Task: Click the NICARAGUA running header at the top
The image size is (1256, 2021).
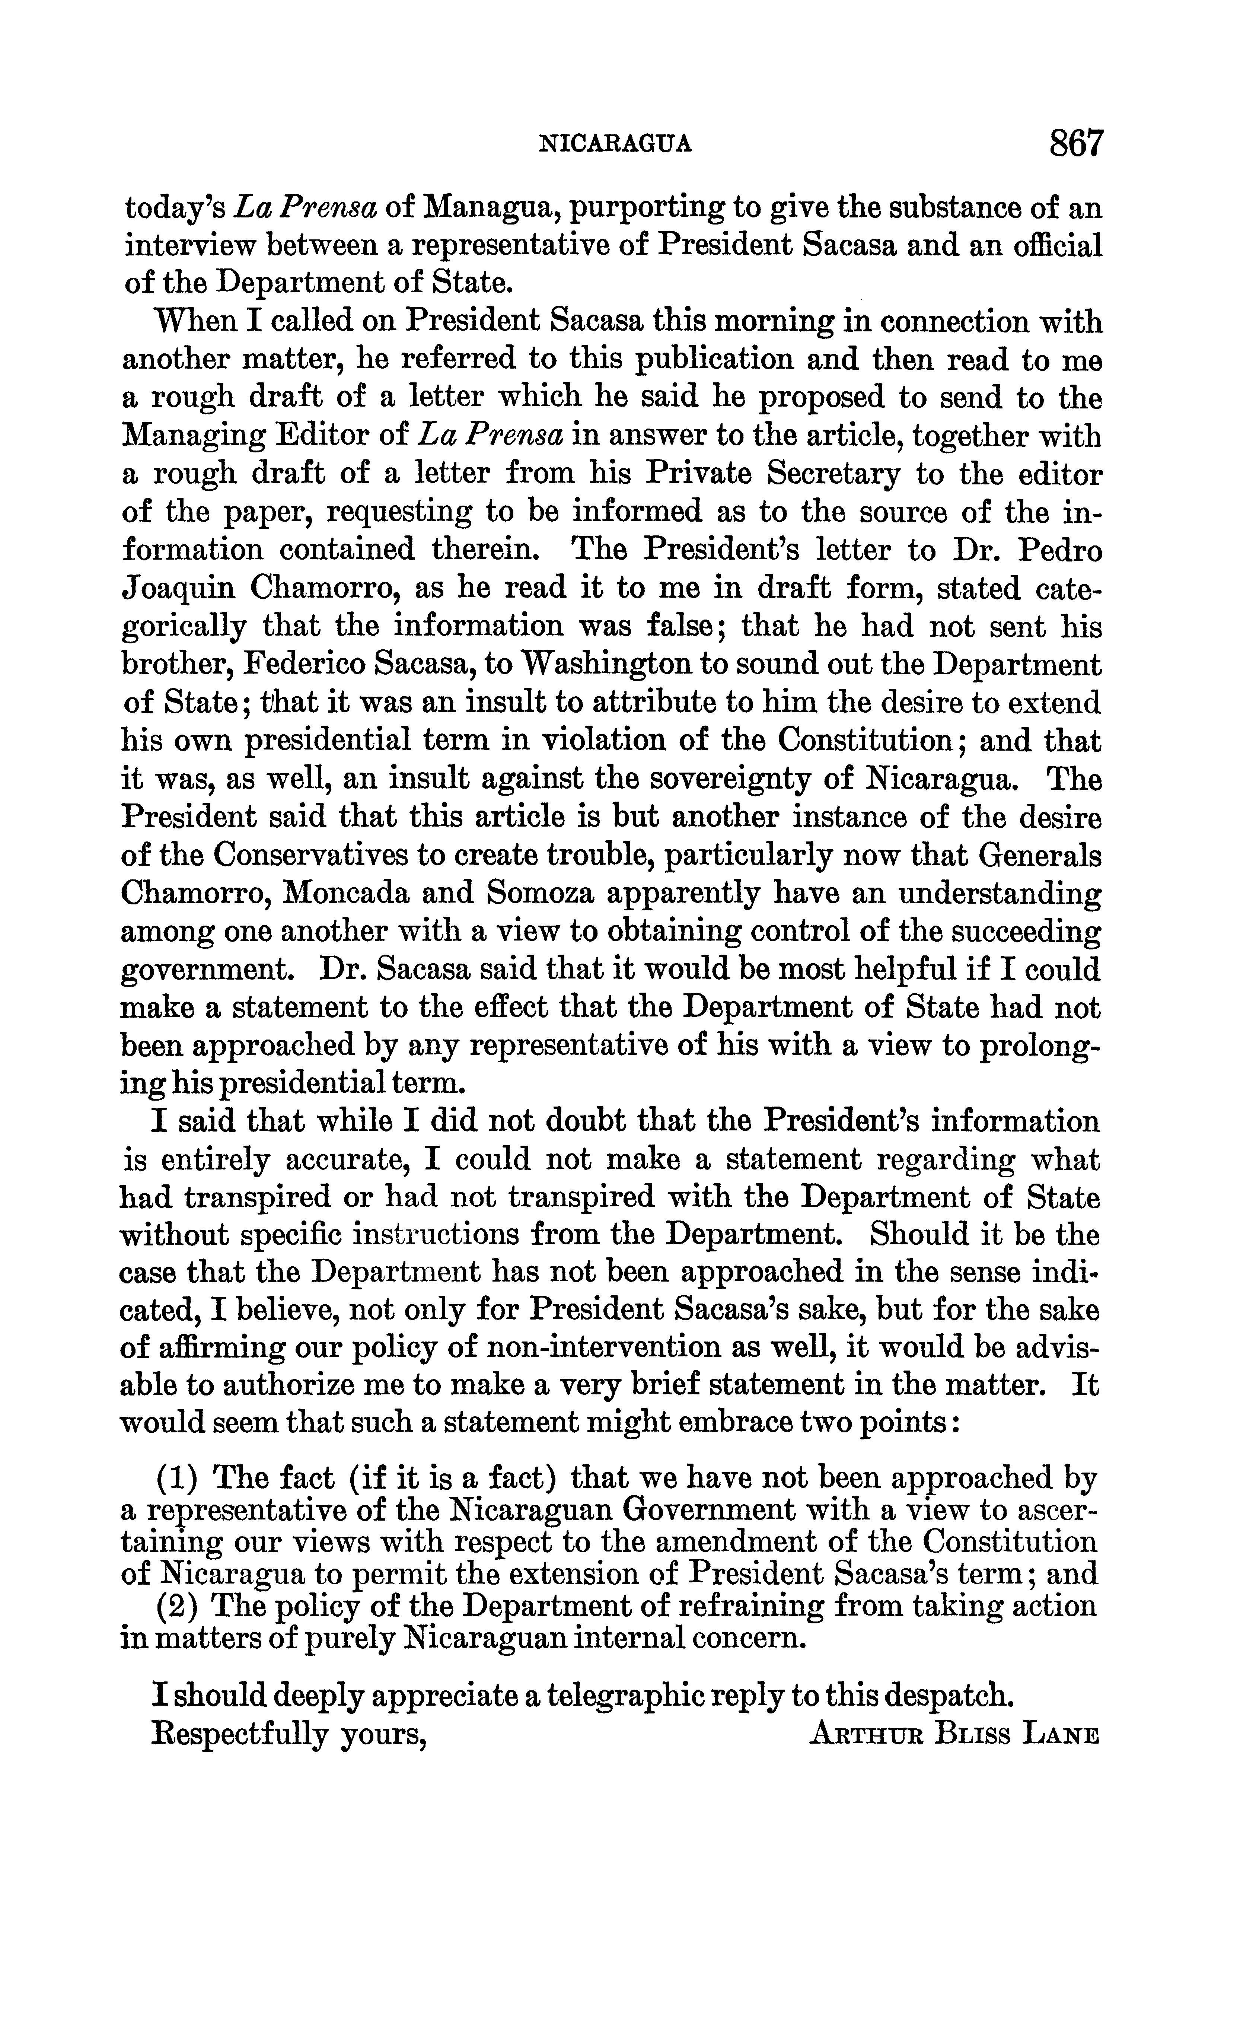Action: [x=616, y=145]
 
